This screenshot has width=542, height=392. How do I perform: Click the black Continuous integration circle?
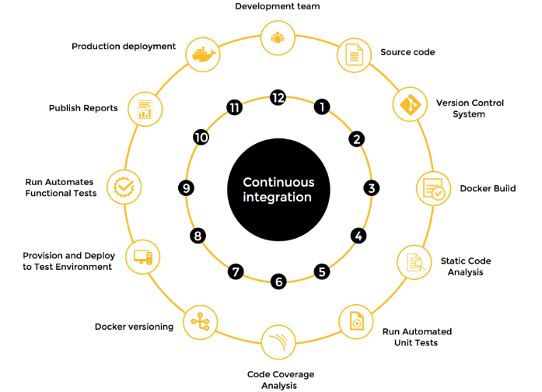[278, 190]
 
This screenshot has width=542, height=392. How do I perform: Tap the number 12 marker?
[278, 97]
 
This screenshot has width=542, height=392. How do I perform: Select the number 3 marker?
[372, 187]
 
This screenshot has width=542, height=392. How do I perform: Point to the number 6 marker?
[278, 282]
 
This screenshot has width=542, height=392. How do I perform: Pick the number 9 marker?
[185, 187]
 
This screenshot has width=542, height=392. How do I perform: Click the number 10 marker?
[201, 137]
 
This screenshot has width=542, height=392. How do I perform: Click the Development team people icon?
[278, 37]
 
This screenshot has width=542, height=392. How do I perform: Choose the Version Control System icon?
[409, 104]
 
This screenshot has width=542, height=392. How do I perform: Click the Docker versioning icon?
[201, 320]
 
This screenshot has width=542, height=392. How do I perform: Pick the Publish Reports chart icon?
[145, 109]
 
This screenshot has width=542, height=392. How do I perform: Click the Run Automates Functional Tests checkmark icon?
[124, 187]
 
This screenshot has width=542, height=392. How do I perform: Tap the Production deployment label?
[124, 46]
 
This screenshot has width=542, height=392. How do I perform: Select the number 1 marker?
[321, 107]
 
